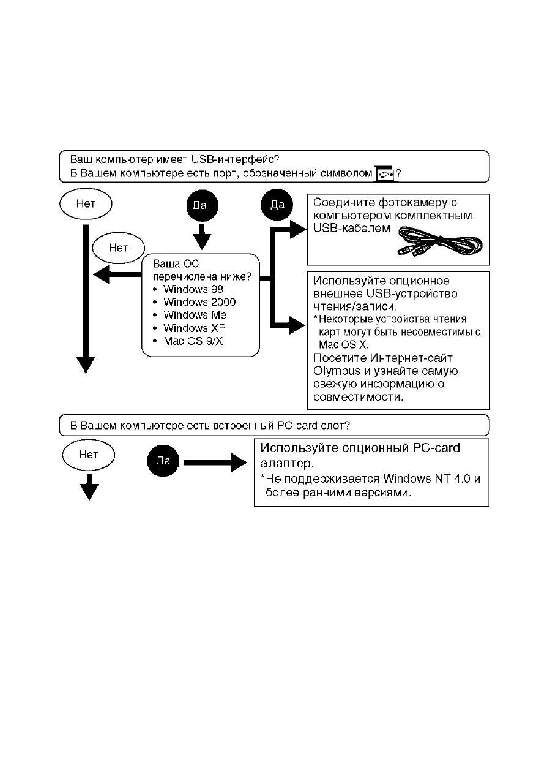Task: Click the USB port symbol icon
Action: point(385,174)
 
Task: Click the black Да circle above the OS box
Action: point(202,205)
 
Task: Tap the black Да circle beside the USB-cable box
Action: point(277,205)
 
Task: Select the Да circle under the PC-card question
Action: point(163,461)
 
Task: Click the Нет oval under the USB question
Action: point(86,203)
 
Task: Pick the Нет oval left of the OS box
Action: point(119,248)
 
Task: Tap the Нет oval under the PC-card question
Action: point(89,455)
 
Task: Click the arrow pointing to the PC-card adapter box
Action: point(215,463)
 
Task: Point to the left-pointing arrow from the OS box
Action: point(117,274)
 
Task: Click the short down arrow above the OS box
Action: point(202,237)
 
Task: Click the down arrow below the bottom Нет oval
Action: point(89,487)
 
